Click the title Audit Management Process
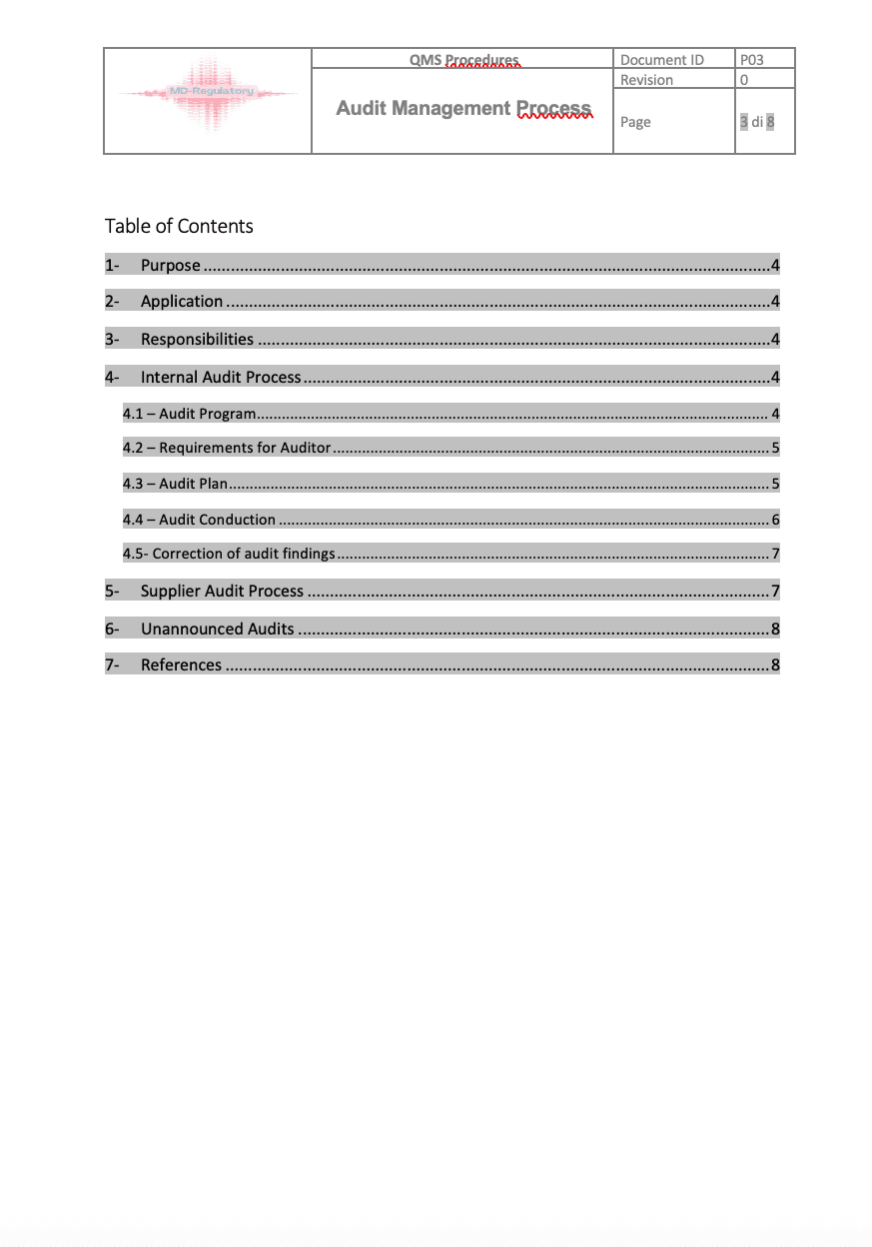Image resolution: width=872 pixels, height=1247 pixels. coord(463,109)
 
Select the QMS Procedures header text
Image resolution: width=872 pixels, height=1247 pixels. coord(463,60)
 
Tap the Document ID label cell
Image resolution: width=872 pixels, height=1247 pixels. coord(661,60)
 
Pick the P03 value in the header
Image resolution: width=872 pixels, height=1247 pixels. coord(751,60)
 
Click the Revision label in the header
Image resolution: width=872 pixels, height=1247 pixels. coord(646,80)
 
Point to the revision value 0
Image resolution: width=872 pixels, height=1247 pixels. coord(744,80)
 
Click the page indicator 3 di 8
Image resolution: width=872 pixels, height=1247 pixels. coord(757,122)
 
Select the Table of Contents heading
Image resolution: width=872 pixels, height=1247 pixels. coord(179,226)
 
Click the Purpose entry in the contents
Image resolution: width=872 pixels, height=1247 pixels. coord(170,266)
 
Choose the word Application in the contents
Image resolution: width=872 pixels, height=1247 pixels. coord(182,302)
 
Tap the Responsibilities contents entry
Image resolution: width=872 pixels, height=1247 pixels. coord(197,340)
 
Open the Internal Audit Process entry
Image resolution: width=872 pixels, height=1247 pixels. coord(220,378)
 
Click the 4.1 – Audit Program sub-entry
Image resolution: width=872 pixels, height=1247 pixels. coord(190,414)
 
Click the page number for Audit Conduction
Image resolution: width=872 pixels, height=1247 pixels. coord(775,520)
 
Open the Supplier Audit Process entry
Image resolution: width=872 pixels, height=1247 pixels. coord(222,592)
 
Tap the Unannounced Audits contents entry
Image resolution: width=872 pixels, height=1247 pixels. coord(217,629)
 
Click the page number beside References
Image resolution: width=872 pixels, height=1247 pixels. coord(775,665)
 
